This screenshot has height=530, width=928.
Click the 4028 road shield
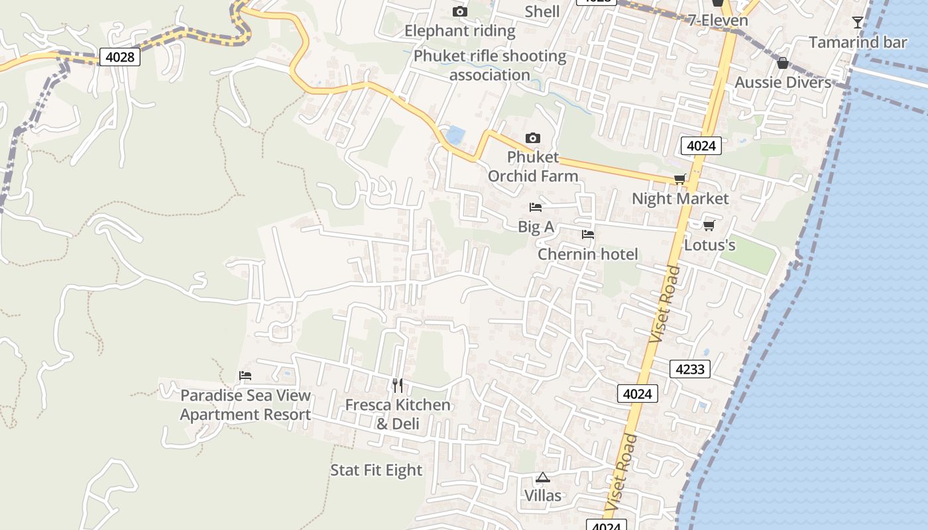(120, 57)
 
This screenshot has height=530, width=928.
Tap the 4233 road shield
(689, 369)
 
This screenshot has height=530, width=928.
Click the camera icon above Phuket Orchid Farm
(532, 138)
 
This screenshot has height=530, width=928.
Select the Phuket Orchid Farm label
(533, 167)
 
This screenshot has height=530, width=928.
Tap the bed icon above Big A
(536, 208)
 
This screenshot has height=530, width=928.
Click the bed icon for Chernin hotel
(587, 235)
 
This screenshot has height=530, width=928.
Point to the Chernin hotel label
(587, 254)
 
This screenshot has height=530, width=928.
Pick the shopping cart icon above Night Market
(679, 180)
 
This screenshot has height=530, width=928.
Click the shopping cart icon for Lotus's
(709, 226)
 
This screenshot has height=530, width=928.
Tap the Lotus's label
(709, 246)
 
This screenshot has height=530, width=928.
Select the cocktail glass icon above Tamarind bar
(858, 23)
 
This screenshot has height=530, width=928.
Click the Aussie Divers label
(783, 83)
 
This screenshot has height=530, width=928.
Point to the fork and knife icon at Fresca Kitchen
(398, 386)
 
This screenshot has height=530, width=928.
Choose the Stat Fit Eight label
(376, 470)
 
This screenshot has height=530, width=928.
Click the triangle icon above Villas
(543, 477)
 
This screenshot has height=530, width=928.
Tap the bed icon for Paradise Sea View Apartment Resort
(245, 376)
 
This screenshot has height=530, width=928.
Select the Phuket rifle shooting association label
(490, 66)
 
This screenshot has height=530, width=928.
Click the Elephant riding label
(459, 31)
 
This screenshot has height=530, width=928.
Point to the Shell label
(542, 11)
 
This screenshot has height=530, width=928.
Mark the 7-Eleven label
(718, 21)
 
